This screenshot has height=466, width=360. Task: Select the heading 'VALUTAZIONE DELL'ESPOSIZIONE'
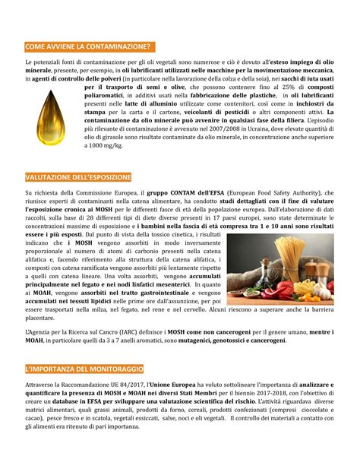tap(79, 177)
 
